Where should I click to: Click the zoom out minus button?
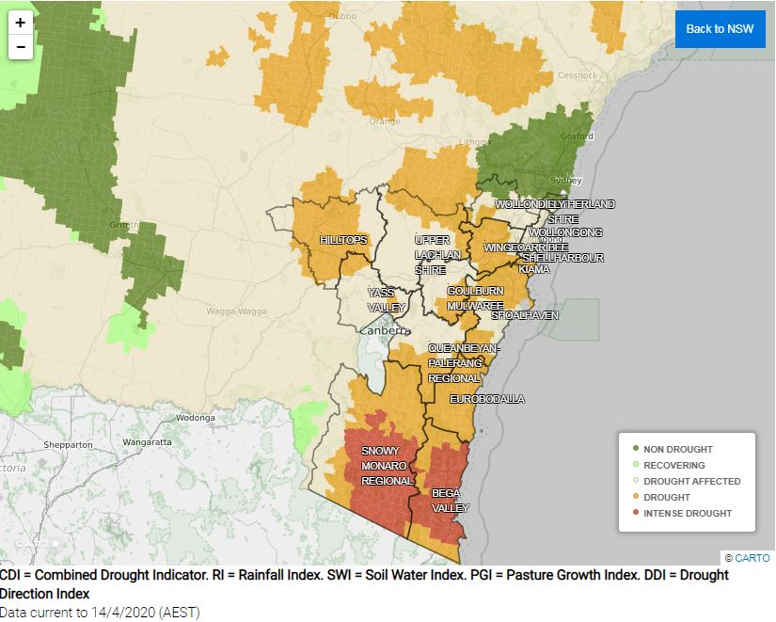point(20,46)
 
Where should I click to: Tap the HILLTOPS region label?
point(343,240)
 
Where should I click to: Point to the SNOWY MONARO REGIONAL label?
point(387,466)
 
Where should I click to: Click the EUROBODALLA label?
point(486,399)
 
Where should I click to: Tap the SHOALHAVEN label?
point(524,315)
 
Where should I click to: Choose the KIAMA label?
point(533,269)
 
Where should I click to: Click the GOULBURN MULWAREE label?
point(475,298)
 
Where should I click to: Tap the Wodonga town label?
point(196,417)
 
